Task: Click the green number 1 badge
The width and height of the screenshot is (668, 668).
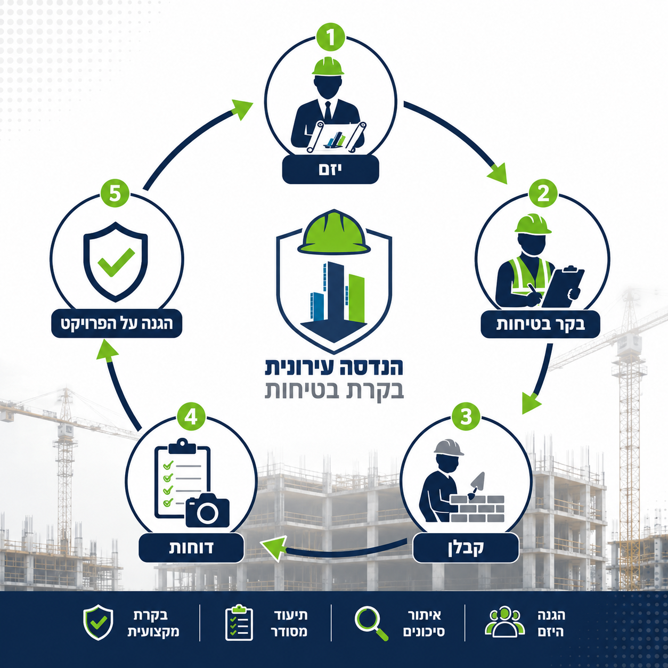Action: pyautogui.click(x=330, y=37)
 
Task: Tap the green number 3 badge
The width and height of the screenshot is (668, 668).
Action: pyautogui.click(x=466, y=417)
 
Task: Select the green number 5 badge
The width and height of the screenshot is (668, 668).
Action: pyautogui.click(x=115, y=193)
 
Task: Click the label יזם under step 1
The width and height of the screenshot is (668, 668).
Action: pyautogui.click(x=330, y=169)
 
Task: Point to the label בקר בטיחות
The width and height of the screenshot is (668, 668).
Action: pyautogui.click(x=541, y=324)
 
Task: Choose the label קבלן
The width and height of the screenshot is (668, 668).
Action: pyautogui.click(x=466, y=548)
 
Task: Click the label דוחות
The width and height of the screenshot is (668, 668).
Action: pyautogui.click(x=191, y=548)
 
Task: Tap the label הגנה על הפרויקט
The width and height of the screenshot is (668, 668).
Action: pyautogui.click(x=117, y=324)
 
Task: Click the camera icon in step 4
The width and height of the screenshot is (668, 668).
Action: pyautogui.click(x=207, y=510)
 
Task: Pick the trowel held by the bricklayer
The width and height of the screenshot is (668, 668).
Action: pyautogui.click(x=477, y=485)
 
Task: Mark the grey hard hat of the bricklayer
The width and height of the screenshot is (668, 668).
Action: pyautogui.click(x=449, y=447)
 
